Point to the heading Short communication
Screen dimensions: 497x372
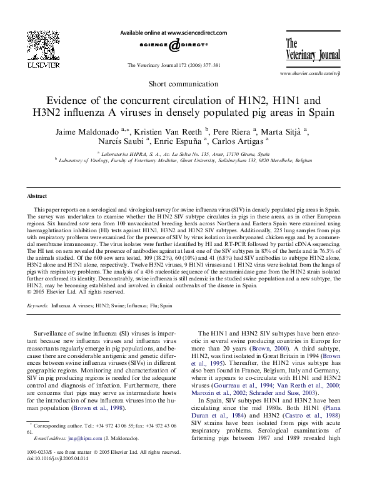(x=186, y=83)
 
